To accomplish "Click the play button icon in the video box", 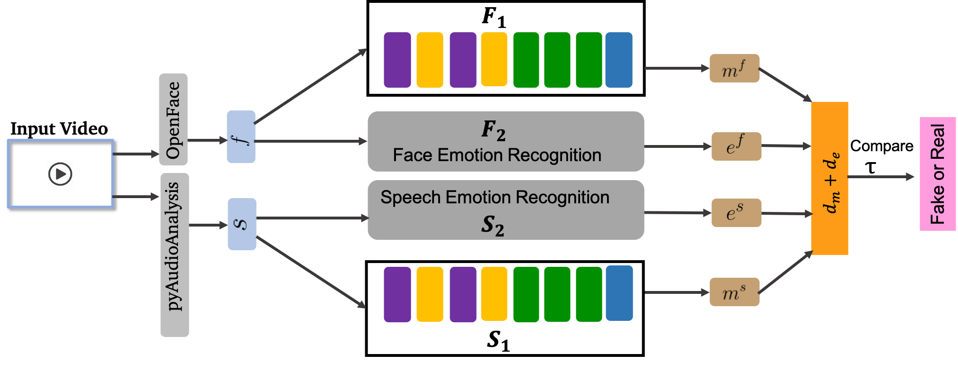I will [x=60, y=173].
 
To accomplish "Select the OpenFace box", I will [x=173, y=119].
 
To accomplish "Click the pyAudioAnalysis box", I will [x=175, y=255].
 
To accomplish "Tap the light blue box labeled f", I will [x=241, y=137].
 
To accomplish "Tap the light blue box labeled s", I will [x=242, y=224].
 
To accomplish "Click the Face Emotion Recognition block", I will [x=506, y=142].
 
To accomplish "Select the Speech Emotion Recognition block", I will [x=506, y=210].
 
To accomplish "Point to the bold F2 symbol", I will [x=493, y=130].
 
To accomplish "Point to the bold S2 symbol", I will [x=492, y=225].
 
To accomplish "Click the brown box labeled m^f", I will [x=734, y=68].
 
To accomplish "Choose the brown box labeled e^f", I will [x=736, y=146].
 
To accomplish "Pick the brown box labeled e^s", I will [x=736, y=213].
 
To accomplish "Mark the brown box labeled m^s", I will [x=734, y=292].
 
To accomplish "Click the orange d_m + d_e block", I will [x=829, y=178].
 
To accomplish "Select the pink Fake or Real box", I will [x=938, y=174].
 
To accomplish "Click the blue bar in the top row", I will [x=618, y=60].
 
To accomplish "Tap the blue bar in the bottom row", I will [x=619, y=293].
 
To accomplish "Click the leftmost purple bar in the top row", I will [x=397, y=60].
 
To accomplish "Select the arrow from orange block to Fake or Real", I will [x=881, y=177].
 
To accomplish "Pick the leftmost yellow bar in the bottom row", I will [x=430, y=294].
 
